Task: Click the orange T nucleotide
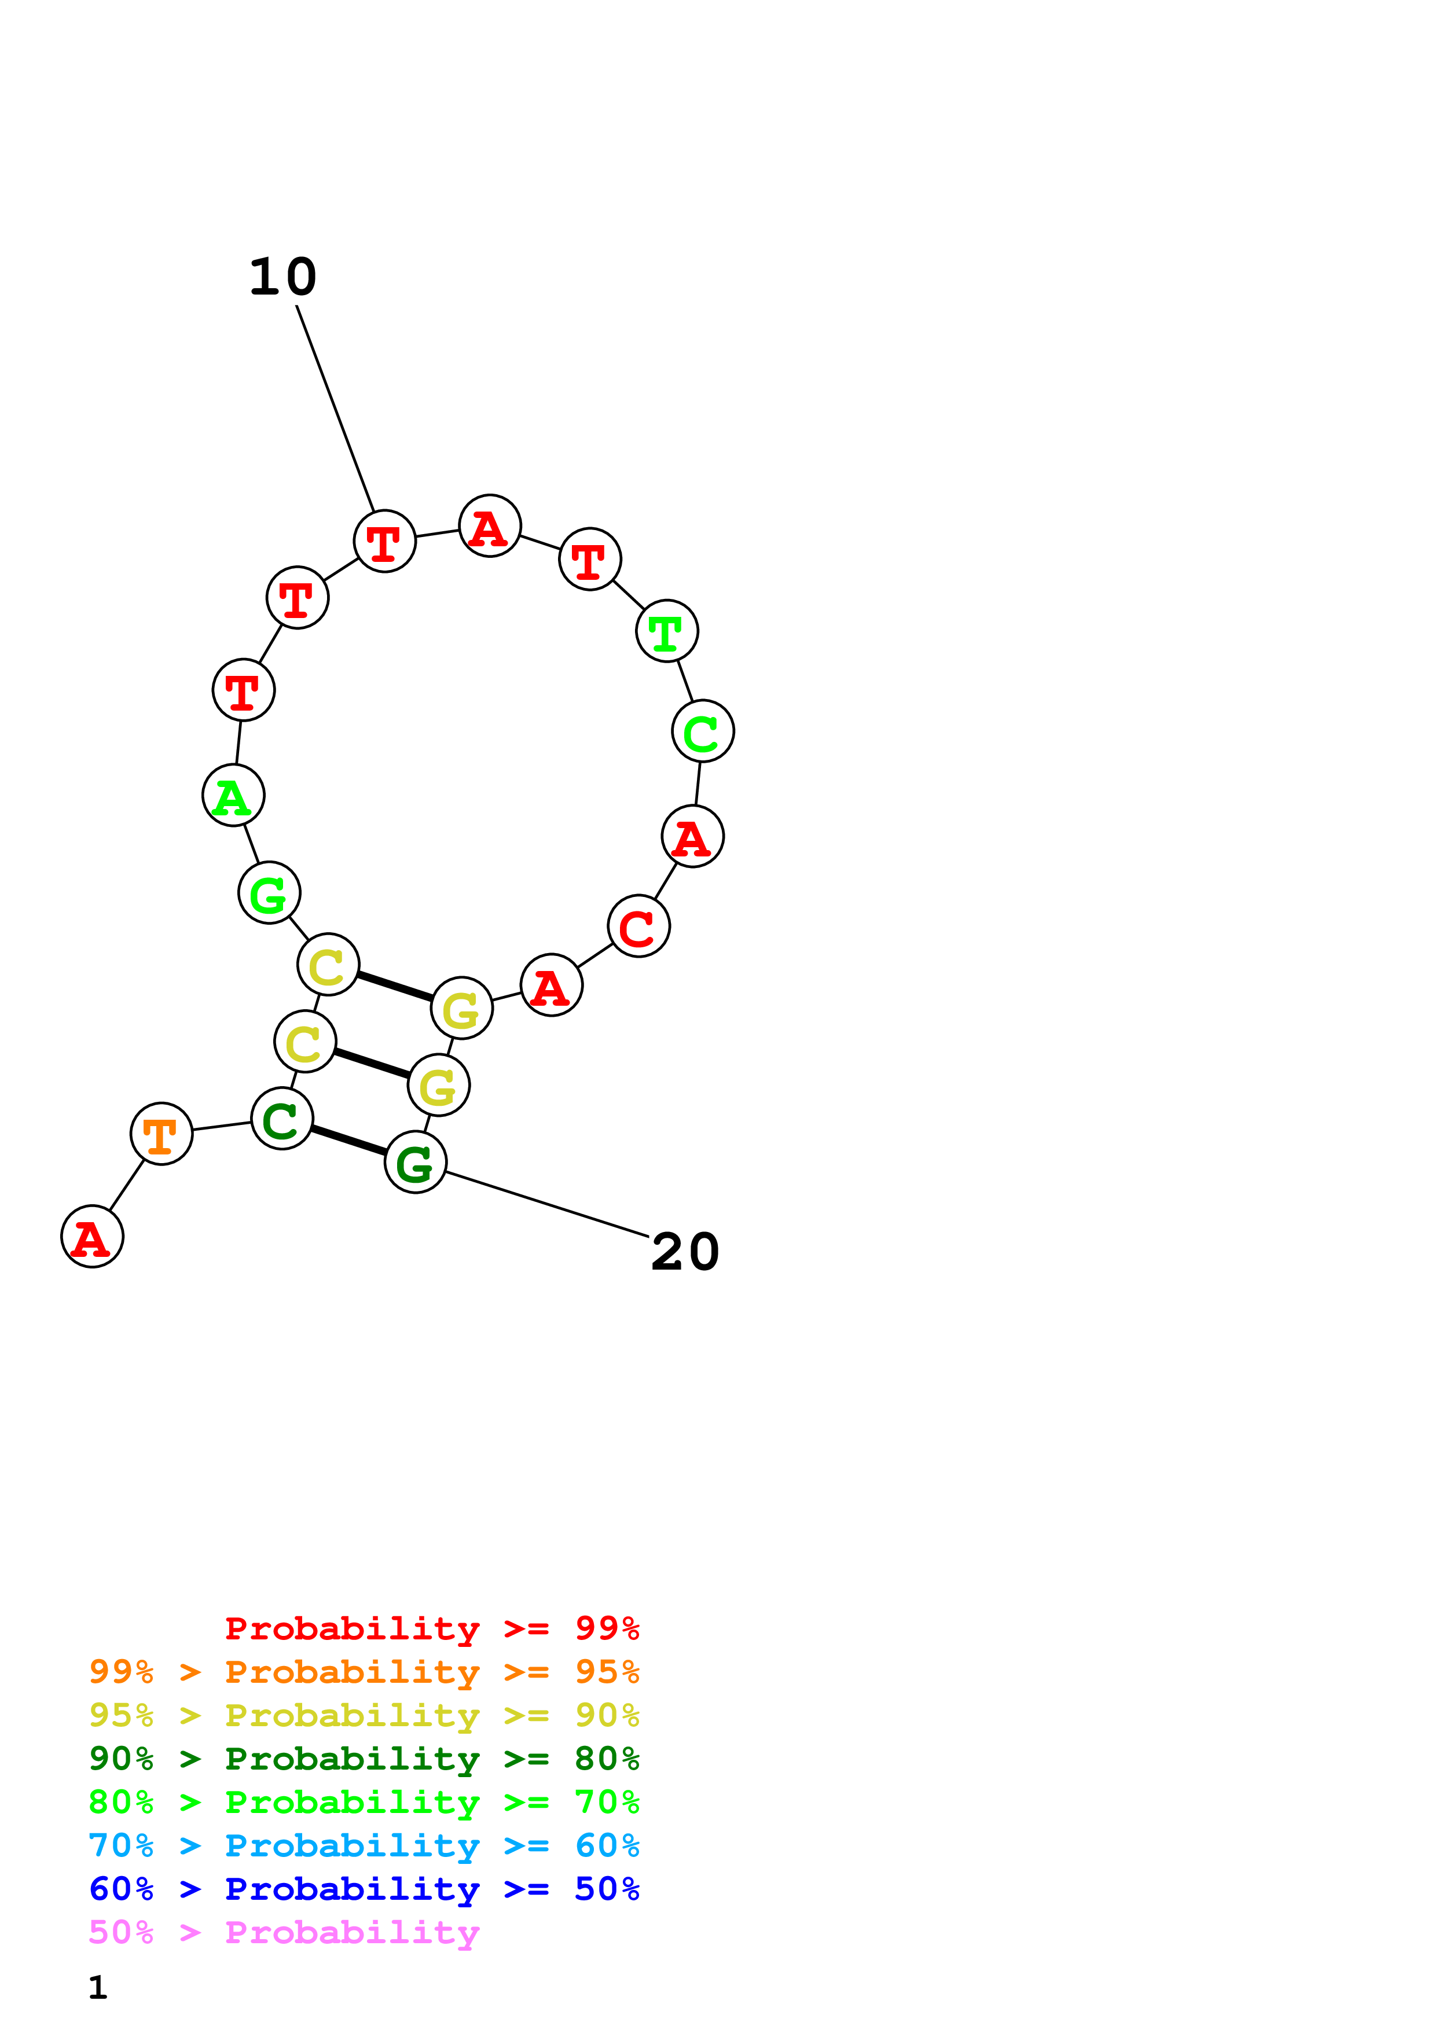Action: (x=161, y=1134)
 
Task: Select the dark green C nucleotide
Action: (x=282, y=1119)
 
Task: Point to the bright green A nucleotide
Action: (x=233, y=796)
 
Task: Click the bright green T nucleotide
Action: (x=667, y=631)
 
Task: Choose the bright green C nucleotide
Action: (x=703, y=731)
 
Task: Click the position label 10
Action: (x=283, y=278)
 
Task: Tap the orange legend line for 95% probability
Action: (x=364, y=1672)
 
